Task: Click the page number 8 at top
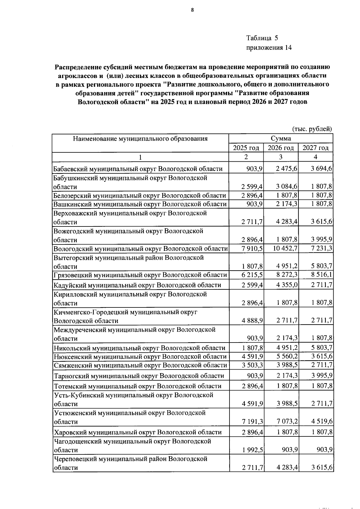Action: pyautogui.click(x=193, y=10)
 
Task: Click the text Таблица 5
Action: pyautogui.click(x=262, y=38)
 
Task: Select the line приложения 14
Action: pyautogui.click(x=269, y=48)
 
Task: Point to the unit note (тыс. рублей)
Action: pyautogui.click(x=312, y=129)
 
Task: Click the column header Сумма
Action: pyautogui.click(x=281, y=138)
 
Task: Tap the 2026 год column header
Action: pyautogui.click(x=281, y=148)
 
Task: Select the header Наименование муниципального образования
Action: pyautogui.click(x=140, y=139)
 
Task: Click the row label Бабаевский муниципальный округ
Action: pyautogui.click(x=138, y=169)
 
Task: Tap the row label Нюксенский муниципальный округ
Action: pyautogui.click(x=140, y=357)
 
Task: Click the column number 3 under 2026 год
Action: pyautogui.click(x=281, y=157)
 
